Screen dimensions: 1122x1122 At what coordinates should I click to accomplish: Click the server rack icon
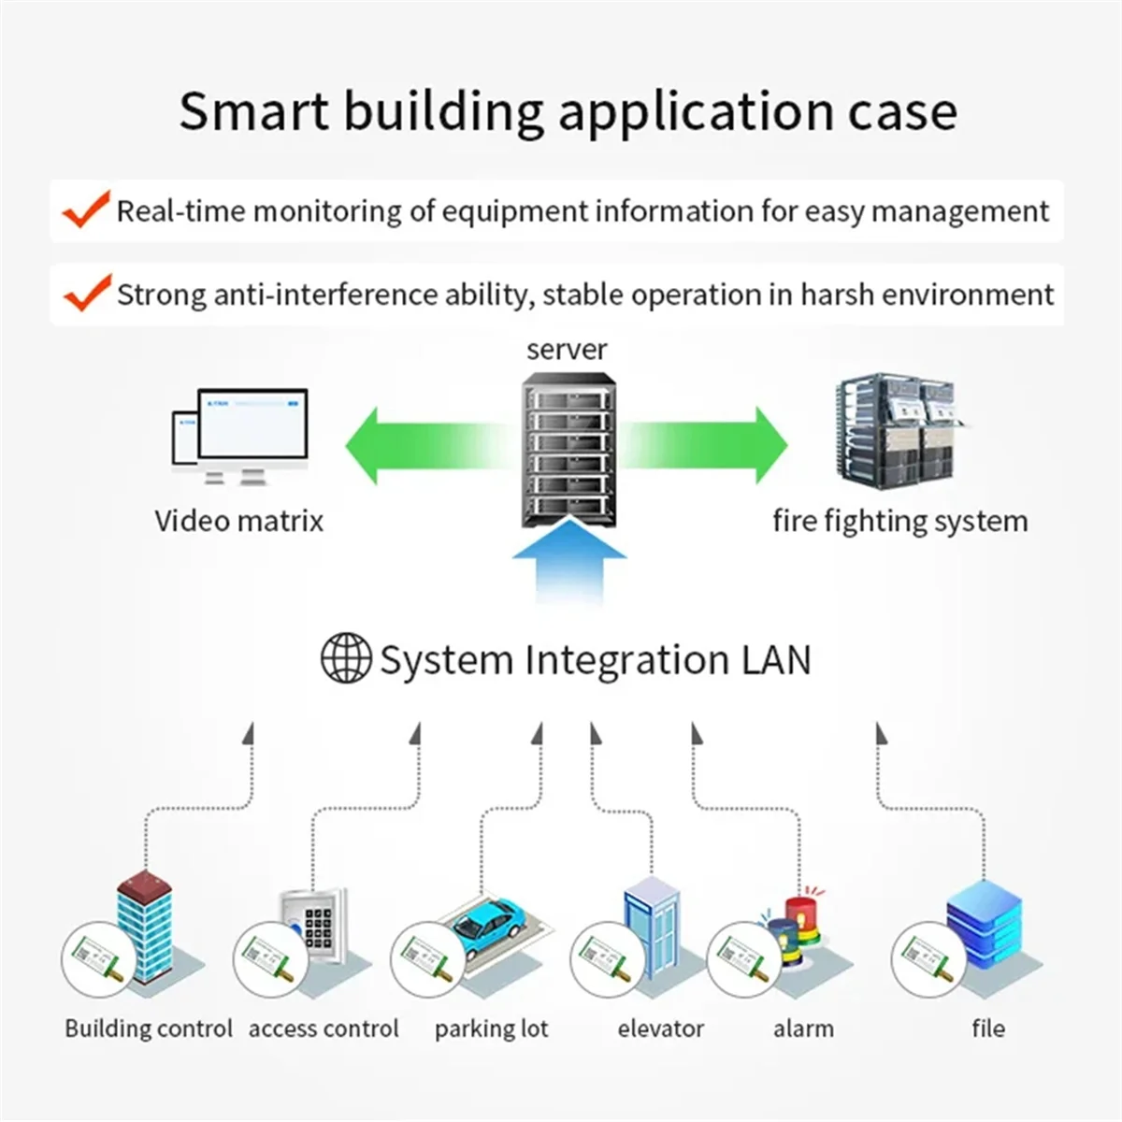click(x=567, y=449)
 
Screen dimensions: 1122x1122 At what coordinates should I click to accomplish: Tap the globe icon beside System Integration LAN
click(x=345, y=659)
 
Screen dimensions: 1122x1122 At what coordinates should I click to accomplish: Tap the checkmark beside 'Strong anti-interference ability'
click(x=86, y=293)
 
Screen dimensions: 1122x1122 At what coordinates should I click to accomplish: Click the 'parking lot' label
click(x=491, y=1029)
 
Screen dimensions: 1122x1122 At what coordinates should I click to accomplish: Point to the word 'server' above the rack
click(x=567, y=350)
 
